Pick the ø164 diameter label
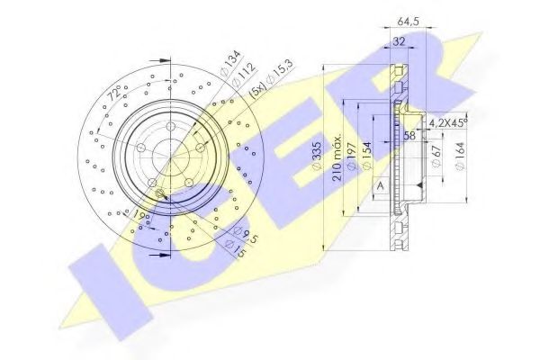(x=460, y=160)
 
